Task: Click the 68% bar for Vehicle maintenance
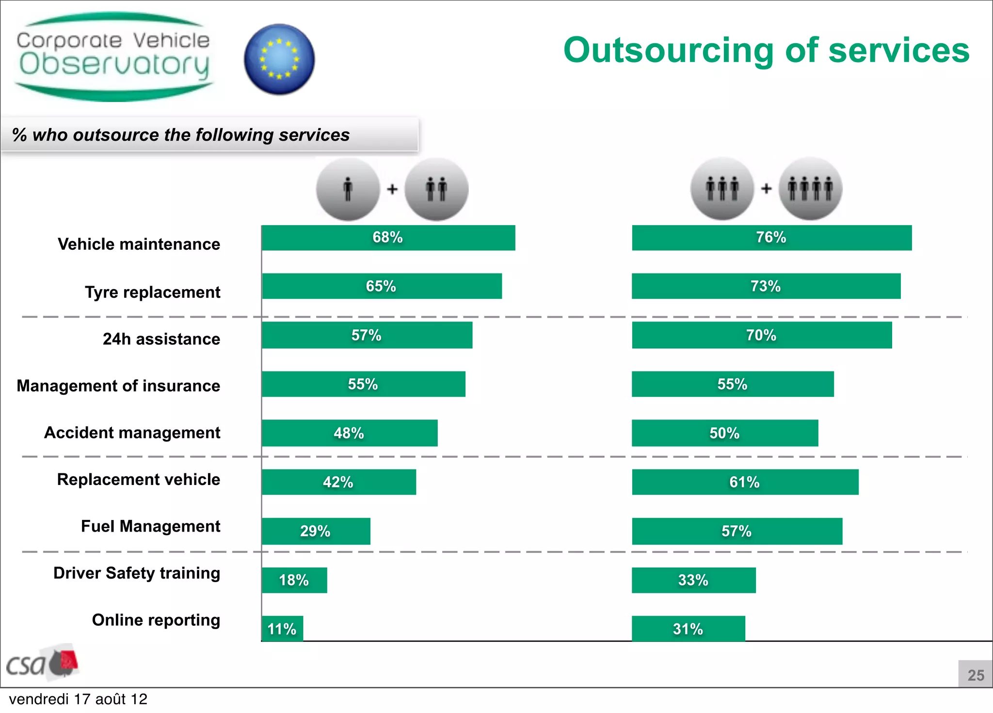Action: (388, 238)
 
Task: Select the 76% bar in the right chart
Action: (771, 238)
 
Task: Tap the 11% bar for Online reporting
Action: (282, 629)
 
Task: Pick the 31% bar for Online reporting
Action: (688, 629)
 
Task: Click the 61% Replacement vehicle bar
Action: (745, 482)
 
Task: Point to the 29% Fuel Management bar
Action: (316, 531)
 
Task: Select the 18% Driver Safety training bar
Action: (294, 580)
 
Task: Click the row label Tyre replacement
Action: (152, 292)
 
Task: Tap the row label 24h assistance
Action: (161, 339)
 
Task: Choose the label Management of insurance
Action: (118, 386)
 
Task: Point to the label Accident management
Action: (132, 432)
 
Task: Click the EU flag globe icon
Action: (279, 59)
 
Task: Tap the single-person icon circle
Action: (348, 189)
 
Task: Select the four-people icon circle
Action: (810, 189)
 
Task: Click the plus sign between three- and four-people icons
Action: (766, 188)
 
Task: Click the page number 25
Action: (976, 675)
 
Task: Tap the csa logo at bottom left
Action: (41, 662)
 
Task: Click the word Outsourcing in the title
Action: (669, 50)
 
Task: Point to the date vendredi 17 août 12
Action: (78, 699)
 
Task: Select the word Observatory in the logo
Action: (114, 65)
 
